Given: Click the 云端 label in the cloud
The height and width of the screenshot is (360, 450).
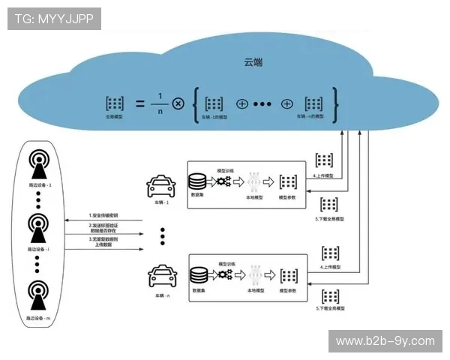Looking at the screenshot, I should click(x=253, y=63).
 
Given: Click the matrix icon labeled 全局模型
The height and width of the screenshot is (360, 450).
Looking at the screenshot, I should click(x=114, y=104).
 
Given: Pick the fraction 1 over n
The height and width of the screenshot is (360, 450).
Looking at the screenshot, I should click(x=159, y=103).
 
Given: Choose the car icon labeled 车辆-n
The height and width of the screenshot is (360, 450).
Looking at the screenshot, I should click(x=162, y=275).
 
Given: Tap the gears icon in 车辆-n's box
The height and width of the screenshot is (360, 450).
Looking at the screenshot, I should click(x=224, y=274).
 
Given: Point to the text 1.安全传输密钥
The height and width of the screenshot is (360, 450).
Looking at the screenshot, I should click(x=103, y=216).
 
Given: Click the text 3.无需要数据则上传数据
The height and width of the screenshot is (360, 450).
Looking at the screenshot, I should click(x=103, y=242).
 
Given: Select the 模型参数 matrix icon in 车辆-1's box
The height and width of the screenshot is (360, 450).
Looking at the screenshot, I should click(x=287, y=181).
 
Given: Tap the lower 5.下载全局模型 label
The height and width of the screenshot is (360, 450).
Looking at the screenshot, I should click(x=329, y=308).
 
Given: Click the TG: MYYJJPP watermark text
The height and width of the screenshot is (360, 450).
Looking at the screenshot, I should click(x=54, y=18).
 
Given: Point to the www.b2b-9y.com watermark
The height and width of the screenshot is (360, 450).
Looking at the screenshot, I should click(x=385, y=341).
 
